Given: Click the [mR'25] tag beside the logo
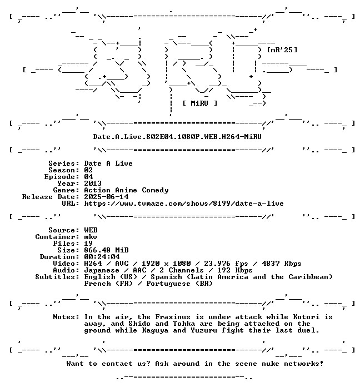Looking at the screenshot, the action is click(x=282, y=50).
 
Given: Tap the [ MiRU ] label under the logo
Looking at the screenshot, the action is click(x=200, y=103).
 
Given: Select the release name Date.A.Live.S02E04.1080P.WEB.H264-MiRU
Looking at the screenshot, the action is click(x=177, y=136).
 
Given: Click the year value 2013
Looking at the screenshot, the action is click(x=93, y=183).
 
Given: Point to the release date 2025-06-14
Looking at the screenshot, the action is click(x=106, y=197).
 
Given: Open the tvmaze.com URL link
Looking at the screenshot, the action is click(x=184, y=204).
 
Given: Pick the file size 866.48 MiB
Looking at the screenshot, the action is click(x=106, y=250).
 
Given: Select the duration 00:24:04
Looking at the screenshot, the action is click(x=102, y=257).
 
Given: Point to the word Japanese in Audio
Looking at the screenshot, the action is click(x=102, y=270).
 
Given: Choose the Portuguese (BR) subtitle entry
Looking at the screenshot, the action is click(x=179, y=284).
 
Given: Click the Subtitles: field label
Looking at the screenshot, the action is click(x=57, y=277).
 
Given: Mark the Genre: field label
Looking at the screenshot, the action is click(x=66, y=190).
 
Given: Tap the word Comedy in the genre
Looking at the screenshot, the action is click(x=155, y=190).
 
